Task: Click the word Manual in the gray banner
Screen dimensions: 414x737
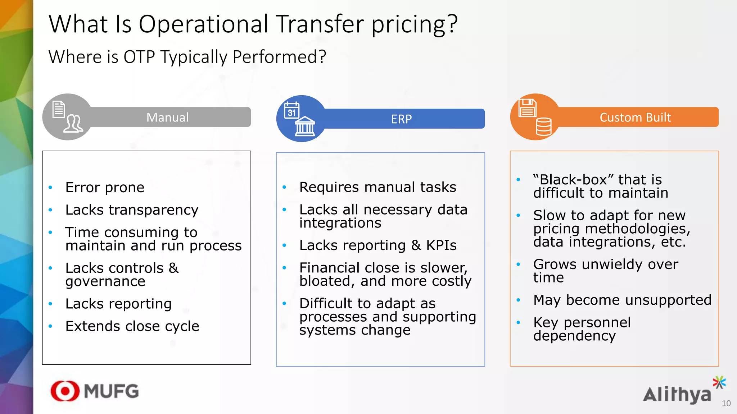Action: tap(167, 118)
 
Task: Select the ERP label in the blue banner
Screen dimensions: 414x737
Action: tap(401, 119)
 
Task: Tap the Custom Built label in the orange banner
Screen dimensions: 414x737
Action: tap(635, 118)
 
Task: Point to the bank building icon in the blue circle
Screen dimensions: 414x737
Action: tap(305, 126)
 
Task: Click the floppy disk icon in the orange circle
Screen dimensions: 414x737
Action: tap(527, 108)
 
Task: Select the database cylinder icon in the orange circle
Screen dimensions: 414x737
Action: tap(543, 126)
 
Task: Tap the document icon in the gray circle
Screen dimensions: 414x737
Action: tap(59, 109)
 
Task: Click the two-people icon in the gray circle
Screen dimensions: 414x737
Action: tap(73, 124)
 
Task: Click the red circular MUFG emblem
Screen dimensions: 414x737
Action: tap(65, 391)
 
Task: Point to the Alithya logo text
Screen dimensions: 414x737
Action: tap(677, 395)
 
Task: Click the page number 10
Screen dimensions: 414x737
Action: tap(726, 404)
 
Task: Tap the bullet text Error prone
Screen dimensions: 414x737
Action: tap(105, 188)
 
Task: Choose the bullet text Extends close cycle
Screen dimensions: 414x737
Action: tap(132, 326)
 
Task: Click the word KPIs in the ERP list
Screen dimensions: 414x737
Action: tap(441, 245)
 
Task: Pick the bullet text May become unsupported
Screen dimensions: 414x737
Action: tap(622, 300)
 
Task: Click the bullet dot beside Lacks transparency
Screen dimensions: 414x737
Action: tap(50, 210)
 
